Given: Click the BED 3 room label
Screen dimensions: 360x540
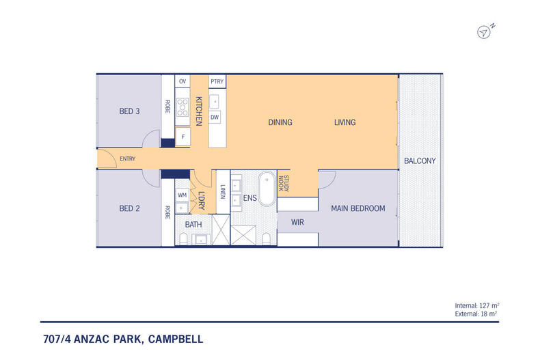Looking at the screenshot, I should point(130,111).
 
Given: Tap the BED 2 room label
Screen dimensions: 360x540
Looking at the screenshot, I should point(130,209).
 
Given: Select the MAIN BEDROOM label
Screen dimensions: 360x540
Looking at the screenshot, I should point(358,208).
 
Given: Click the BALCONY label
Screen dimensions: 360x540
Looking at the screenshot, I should point(420,161).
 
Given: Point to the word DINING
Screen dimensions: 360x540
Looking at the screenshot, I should point(280,123).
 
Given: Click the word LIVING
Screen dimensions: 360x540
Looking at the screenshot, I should point(345,123).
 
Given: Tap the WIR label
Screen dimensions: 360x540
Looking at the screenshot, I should point(297,223).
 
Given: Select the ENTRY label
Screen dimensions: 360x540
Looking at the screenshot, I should point(127,159).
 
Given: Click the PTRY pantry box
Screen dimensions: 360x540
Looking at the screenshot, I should point(217,82).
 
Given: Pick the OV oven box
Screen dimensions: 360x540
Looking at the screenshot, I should point(183,82).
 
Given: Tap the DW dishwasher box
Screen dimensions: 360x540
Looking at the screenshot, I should point(215,117).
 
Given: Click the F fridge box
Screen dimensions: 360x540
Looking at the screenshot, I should point(183,137).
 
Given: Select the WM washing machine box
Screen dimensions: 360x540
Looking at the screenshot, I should point(183,195).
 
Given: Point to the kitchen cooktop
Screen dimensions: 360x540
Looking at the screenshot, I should point(183,107).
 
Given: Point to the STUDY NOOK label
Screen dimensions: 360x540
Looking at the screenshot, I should point(284,184).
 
